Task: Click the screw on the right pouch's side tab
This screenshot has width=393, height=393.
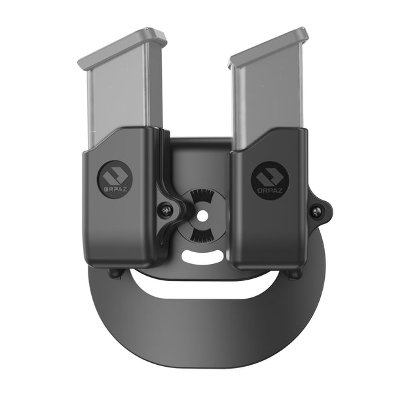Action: [317, 211]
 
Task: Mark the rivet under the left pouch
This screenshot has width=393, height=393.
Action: [117, 274]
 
